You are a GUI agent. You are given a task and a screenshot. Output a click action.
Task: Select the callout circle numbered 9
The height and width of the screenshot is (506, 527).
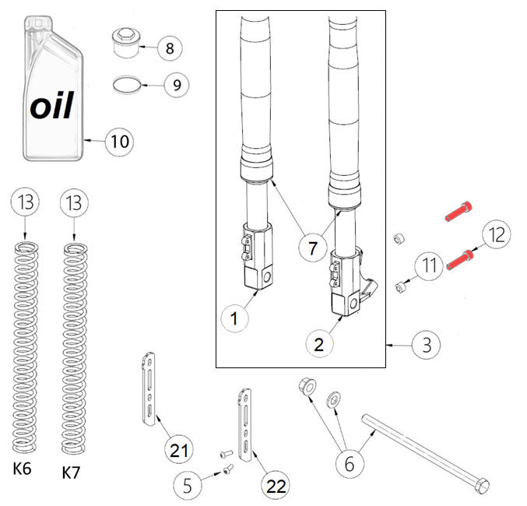click(177, 84)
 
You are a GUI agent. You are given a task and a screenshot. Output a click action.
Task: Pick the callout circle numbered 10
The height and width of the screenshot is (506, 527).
click(119, 142)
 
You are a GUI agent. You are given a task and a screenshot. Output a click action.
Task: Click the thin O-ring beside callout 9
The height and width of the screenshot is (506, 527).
click(126, 83)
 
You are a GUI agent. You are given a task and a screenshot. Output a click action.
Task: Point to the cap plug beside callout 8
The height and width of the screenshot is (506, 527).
click(125, 42)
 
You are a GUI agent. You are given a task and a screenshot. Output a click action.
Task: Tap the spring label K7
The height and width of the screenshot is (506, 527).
click(72, 472)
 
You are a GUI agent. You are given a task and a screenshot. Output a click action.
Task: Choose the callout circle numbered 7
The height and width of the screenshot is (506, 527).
click(313, 249)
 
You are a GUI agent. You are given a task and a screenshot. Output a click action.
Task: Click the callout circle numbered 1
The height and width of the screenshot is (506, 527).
click(234, 317)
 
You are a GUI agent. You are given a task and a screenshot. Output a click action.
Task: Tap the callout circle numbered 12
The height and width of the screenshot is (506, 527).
click(497, 234)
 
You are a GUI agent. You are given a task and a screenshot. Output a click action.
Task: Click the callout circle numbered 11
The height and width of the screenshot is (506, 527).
click(427, 266)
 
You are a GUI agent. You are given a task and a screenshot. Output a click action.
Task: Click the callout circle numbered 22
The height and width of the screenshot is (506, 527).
click(276, 486)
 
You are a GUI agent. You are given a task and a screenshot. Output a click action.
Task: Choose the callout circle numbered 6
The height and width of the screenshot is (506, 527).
click(350, 463)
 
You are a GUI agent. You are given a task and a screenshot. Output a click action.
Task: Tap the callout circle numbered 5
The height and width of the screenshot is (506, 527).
click(187, 487)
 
